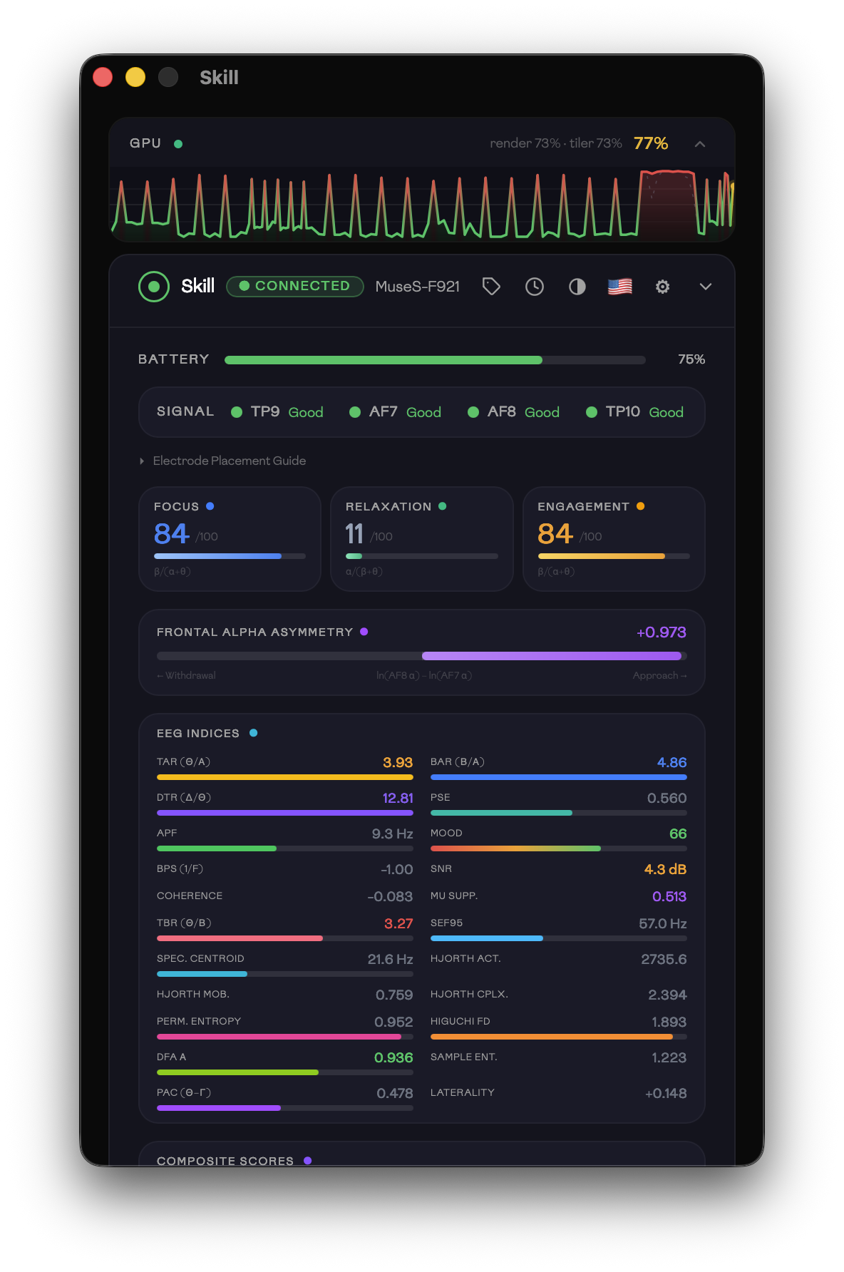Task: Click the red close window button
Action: (x=103, y=77)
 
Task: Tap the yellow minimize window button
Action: (x=135, y=77)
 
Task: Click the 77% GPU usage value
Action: (x=650, y=143)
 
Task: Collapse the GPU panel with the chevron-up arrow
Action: (x=700, y=144)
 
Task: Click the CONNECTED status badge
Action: (x=295, y=286)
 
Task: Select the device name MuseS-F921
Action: (x=417, y=287)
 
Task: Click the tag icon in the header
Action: (x=491, y=287)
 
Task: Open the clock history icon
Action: (x=535, y=287)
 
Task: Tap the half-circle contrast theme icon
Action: (x=577, y=287)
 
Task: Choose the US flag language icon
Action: (x=620, y=287)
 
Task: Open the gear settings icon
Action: (x=663, y=287)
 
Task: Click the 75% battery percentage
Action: (x=691, y=359)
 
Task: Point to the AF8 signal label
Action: (x=501, y=411)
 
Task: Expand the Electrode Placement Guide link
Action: (x=229, y=461)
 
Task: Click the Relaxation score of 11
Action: (x=354, y=534)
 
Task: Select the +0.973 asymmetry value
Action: (x=661, y=632)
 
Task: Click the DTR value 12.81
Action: (x=397, y=798)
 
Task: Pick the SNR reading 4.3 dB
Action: (x=664, y=869)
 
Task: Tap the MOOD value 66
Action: (x=677, y=834)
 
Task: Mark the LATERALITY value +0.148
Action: (x=665, y=1093)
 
